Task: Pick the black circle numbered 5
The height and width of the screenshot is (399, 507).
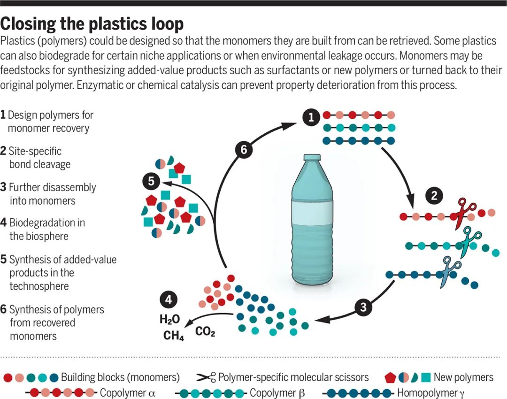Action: pyautogui.click(x=151, y=181)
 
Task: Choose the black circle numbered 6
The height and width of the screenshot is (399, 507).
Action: pyautogui.click(x=244, y=151)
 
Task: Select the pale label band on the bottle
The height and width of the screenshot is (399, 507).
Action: pyautogui.click(x=312, y=213)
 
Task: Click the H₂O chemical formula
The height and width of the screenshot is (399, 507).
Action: pyautogui.click(x=169, y=320)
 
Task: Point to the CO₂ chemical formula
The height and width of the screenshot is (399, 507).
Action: pyautogui.click(x=205, y=332)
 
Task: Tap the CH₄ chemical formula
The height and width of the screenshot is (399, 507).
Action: pyautogui.click(x=173, y=336)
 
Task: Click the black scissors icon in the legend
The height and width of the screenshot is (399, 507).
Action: pyautogui.click(x=206, y=377)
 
